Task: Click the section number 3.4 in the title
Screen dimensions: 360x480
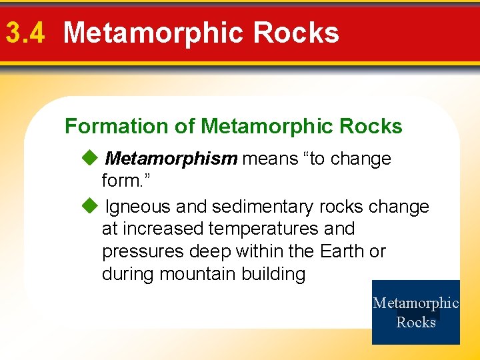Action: click(25, 33)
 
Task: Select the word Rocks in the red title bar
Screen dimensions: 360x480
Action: click(297, 33)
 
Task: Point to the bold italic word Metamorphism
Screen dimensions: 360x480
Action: click(171, 159)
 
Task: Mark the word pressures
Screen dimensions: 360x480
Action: click(143, 252)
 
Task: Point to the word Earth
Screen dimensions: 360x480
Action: click(342, 252)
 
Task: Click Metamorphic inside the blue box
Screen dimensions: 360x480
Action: click(416, 303)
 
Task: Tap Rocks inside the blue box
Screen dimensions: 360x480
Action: click(416, 323)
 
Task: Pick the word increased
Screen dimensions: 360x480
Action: click(164, 229)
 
